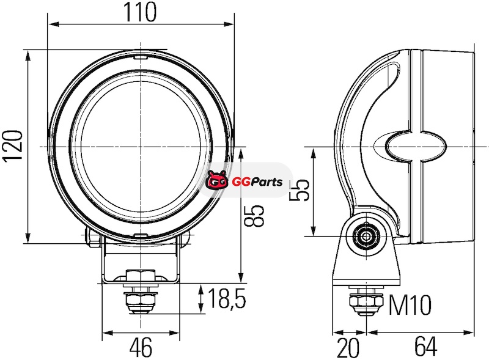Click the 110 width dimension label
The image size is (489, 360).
click(141, 12)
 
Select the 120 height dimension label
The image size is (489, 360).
click(12, 145)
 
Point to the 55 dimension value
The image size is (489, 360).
click(299, 191)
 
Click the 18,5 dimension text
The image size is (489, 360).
click(227, 298)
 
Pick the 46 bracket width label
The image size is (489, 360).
click(141, 347)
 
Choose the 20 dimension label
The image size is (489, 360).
click(348, 348)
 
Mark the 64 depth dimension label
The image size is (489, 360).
click(425, 347)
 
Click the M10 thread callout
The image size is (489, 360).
click(410, 305)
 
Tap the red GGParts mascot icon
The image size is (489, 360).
click(216, 180)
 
